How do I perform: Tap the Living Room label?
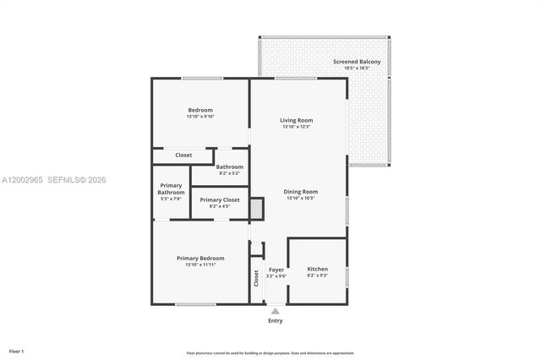pyautogui.click(x=297, y=120)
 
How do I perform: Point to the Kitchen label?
pyautogui.click(x=317, y=268)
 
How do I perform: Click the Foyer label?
pyautogui.click(x=276, y=269)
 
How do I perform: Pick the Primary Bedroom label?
pyautogui.click(x=200, y=258)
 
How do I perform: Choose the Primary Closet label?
pyautogui.click(x=219, y=199)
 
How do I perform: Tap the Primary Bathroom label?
pyautogui.click(x=171, y=188)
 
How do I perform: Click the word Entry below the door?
pyautogui.click(x=276, y=321)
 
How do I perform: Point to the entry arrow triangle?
pyautogui.click(x=276, y=311)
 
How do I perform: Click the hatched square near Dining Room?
pyautogui.click(x=257, y=209)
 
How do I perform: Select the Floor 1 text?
pyautogui.click(x=17, y=350)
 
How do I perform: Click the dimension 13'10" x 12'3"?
pyautogui.click(x=297, y=127)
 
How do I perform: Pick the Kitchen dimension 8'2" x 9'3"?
pyautogui.click(x=317, y=275)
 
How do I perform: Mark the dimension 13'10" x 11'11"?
pyautogui.click(x=200, y=265)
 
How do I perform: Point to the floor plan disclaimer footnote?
pyautogui.click(x=270, y=353)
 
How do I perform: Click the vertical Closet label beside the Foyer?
pyautogui.click(x=255, y=278)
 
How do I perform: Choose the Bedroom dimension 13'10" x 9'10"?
pyautogui.click(x=200, y=117)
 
